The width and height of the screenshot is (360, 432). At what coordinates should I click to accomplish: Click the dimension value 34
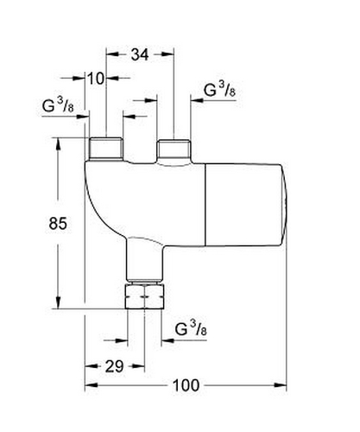coord(140,54)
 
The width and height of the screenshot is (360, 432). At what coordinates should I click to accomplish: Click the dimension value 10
coord(96,79)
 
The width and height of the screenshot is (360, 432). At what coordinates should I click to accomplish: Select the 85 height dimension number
coord(58,223)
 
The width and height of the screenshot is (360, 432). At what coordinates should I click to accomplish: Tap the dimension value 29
coord(114,366)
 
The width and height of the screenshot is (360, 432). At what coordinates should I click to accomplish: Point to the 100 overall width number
coord(186,385)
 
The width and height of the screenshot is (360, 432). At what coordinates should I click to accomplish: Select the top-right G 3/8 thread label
coord(219,89)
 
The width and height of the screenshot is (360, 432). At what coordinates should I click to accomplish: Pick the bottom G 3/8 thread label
coord(191,328)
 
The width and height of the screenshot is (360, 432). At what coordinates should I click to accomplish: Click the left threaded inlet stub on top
coord(106,149)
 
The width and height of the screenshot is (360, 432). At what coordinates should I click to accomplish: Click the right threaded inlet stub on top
coord(174,149)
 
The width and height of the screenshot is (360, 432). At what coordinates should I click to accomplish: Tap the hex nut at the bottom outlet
coord(145,296)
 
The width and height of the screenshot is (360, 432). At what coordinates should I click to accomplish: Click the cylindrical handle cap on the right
coord(246,205)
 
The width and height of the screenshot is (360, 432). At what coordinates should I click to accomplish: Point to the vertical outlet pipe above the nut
coord(144,259)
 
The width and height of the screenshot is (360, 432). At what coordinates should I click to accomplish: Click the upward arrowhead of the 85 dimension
coord(58,144)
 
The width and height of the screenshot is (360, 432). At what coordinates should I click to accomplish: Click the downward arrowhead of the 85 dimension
coord(58,303)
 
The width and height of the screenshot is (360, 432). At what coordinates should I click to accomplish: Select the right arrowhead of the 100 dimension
coord(281,385)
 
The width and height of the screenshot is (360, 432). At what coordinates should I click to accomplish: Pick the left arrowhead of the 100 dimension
coord(91,385)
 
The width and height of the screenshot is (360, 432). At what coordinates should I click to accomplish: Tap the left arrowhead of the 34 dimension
coord(112,54)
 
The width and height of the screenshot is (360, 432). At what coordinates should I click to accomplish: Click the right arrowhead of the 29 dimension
coord(138,366)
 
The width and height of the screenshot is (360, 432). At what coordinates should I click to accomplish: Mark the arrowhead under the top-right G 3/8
coord(197,100)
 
